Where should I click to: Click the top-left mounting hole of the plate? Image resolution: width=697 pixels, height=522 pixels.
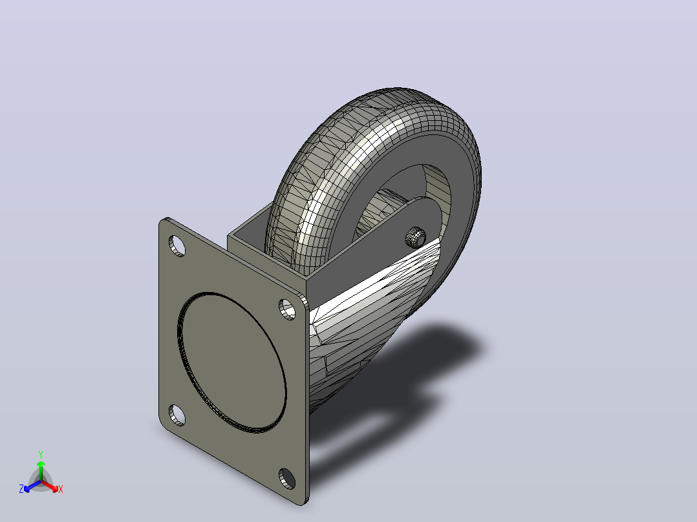pos(177,245)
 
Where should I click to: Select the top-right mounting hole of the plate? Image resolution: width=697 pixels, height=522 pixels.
pos(287,309)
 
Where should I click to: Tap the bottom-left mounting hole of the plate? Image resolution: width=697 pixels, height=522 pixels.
pos(177,415)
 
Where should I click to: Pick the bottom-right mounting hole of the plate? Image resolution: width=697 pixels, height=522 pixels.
pos(287,479)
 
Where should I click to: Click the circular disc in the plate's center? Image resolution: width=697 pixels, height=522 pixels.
pos(231,362)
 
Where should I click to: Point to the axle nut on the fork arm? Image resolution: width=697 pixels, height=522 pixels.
pos(415,236)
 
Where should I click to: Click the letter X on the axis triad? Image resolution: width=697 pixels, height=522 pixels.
pos(61,489)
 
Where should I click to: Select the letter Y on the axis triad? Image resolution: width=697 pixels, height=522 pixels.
pos(41,454)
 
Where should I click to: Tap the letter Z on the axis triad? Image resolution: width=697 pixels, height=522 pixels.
pos(21,489)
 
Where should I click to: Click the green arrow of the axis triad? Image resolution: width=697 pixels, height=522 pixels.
pos(41,471)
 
